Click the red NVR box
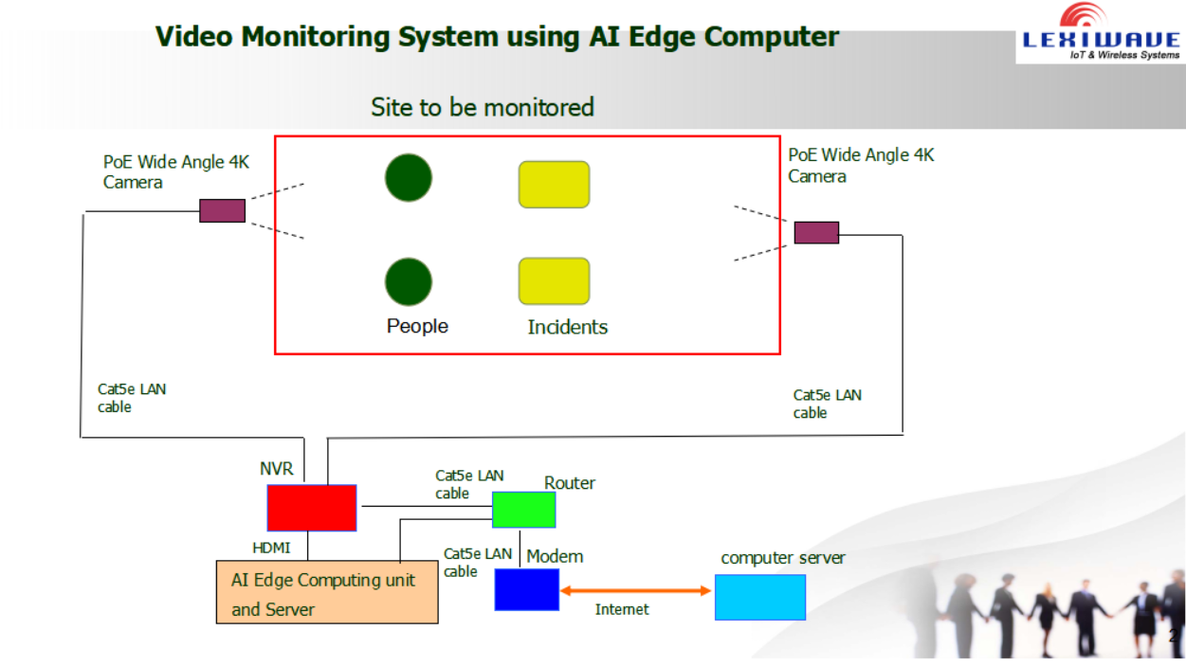[312, 508]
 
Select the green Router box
[523, 510]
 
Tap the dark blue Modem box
[527, 590]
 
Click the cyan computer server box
[760, 597]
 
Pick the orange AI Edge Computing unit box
[327, 592]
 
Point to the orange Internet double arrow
[635, 591]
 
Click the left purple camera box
[223, 210]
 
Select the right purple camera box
[816, 233]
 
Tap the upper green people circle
[409, 178]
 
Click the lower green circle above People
[409, 282]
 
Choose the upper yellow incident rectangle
[554, 185]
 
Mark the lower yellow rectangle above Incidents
[554, 281]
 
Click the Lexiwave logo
[1102, 32]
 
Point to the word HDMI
[271, 548]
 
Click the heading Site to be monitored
[483, 107]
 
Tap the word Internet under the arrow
[622, 609]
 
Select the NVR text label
[276, 469]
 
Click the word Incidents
[568, 327]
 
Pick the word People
[417, 327]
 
